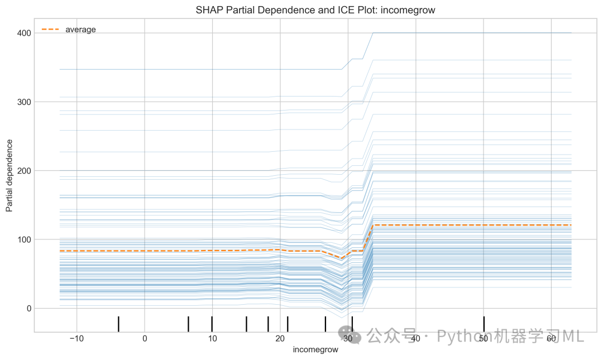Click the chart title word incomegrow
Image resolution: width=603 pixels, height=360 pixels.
[408, 10]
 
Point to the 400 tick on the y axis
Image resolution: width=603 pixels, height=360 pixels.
[24, 33]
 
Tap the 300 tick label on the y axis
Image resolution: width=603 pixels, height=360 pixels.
[24, 102]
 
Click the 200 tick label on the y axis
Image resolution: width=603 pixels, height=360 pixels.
[24, 171]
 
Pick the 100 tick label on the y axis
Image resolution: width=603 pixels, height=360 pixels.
[24, 239]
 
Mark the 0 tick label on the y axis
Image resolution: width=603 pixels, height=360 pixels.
[29, 309]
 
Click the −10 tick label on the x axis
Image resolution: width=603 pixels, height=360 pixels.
[76, 338]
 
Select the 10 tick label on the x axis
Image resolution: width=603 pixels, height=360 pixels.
[212, 338]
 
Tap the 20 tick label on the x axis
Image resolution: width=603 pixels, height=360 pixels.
[280, 338]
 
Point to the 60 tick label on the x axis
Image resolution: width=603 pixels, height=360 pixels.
[551, 338]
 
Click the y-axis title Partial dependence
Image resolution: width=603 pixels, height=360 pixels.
[9, 176]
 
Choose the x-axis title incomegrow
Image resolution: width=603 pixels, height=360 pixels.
[315, 349]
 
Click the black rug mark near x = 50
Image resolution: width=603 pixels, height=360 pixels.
[484, 324]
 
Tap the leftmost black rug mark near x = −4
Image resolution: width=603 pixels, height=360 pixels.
[118, 324]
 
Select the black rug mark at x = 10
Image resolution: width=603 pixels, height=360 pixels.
[212, 324]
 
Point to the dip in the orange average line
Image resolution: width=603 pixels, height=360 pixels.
[341, 258]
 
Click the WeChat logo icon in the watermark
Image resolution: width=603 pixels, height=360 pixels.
[350, 335]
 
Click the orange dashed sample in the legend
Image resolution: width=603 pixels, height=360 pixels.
[50, 29]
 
